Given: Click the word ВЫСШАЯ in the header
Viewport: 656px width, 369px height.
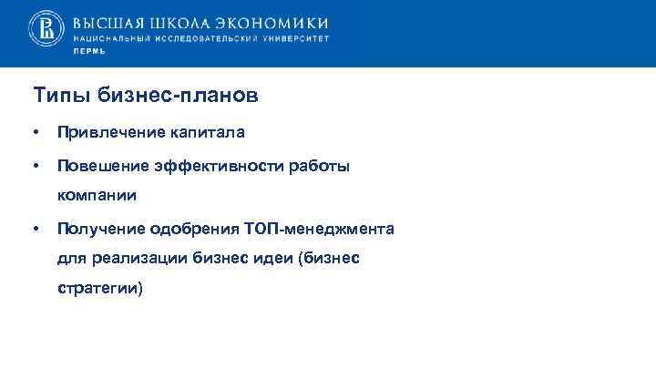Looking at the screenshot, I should pos(107,23).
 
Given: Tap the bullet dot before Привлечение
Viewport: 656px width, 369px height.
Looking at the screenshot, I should pos(35,133).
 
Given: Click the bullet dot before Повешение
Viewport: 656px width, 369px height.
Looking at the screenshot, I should pos(35,166).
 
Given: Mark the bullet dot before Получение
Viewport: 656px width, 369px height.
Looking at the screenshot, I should pos(35,228).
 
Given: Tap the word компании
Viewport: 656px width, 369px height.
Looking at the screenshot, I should pos(97,194).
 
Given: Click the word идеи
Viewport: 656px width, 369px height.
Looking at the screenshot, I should pos(277,258).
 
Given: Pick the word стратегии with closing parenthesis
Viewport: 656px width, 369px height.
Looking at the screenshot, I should pos(100,288).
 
